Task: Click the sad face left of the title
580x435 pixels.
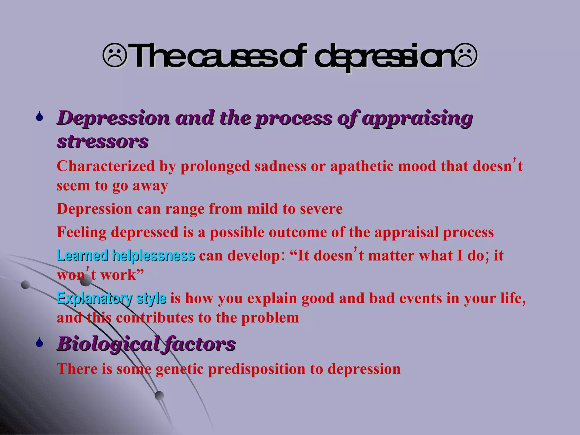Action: coord(115,56)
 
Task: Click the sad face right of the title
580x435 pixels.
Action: coord(465,56)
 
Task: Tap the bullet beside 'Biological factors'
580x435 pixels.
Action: coord(39,343)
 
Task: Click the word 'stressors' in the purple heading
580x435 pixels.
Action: coord(103,142)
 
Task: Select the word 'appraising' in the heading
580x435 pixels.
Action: coord(417,118)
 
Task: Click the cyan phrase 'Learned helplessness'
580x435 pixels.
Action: coord(126,255)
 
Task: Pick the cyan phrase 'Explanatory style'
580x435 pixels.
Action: coord(112,298)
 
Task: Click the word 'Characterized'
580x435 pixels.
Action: coord(106,166)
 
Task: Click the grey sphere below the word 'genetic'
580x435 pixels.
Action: coord(159,395)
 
